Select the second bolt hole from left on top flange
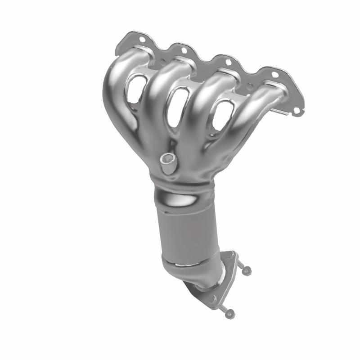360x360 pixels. tap(183, 50)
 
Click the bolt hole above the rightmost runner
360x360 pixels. tap(275, 74)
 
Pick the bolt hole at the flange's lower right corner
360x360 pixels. tap(296, 108)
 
